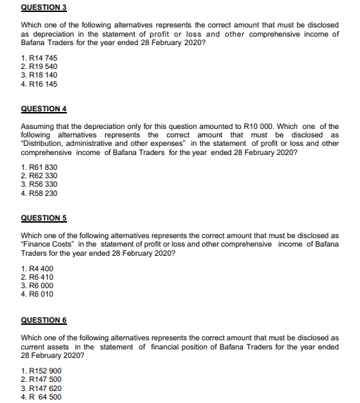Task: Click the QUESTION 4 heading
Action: click(43, 109)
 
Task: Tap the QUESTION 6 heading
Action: click(43, 320)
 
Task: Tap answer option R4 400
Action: click(37, 268)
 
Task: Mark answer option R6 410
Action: click(37, 277)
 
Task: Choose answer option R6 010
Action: click(37, 294)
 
